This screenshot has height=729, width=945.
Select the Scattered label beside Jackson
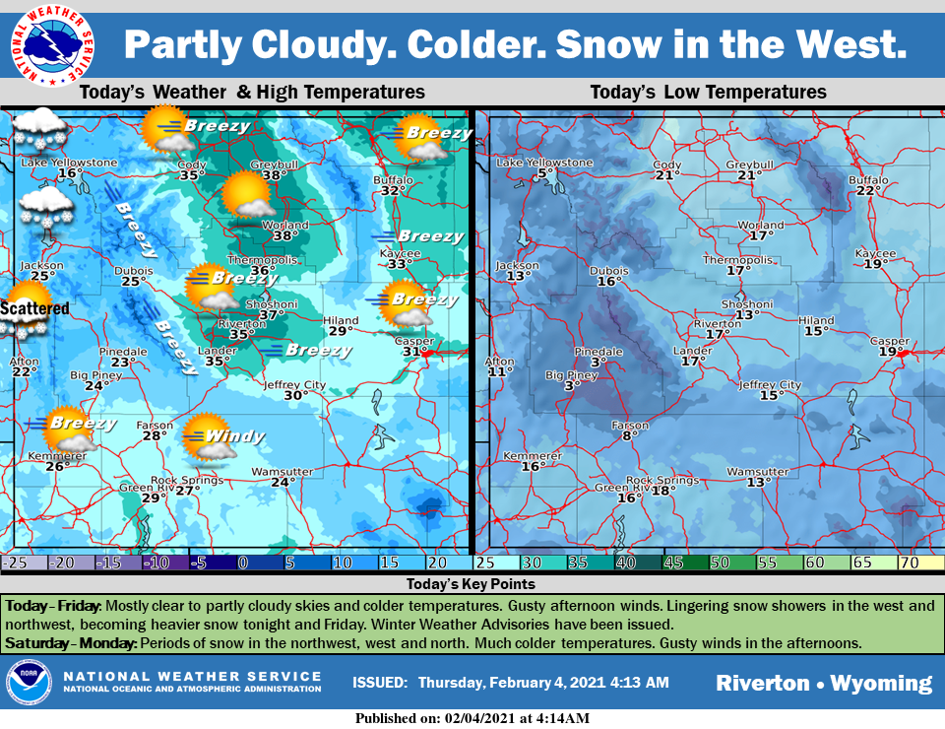coord(34,308)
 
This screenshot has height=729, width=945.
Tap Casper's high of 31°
coord(413,352)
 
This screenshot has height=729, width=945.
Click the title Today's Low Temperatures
coord(708,93)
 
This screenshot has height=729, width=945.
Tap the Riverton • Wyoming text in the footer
coord(823,683)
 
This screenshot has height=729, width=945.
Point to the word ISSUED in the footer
coord(378,683)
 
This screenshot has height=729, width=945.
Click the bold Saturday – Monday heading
coord(70,643)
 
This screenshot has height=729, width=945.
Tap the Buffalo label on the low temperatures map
coord(868,180)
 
